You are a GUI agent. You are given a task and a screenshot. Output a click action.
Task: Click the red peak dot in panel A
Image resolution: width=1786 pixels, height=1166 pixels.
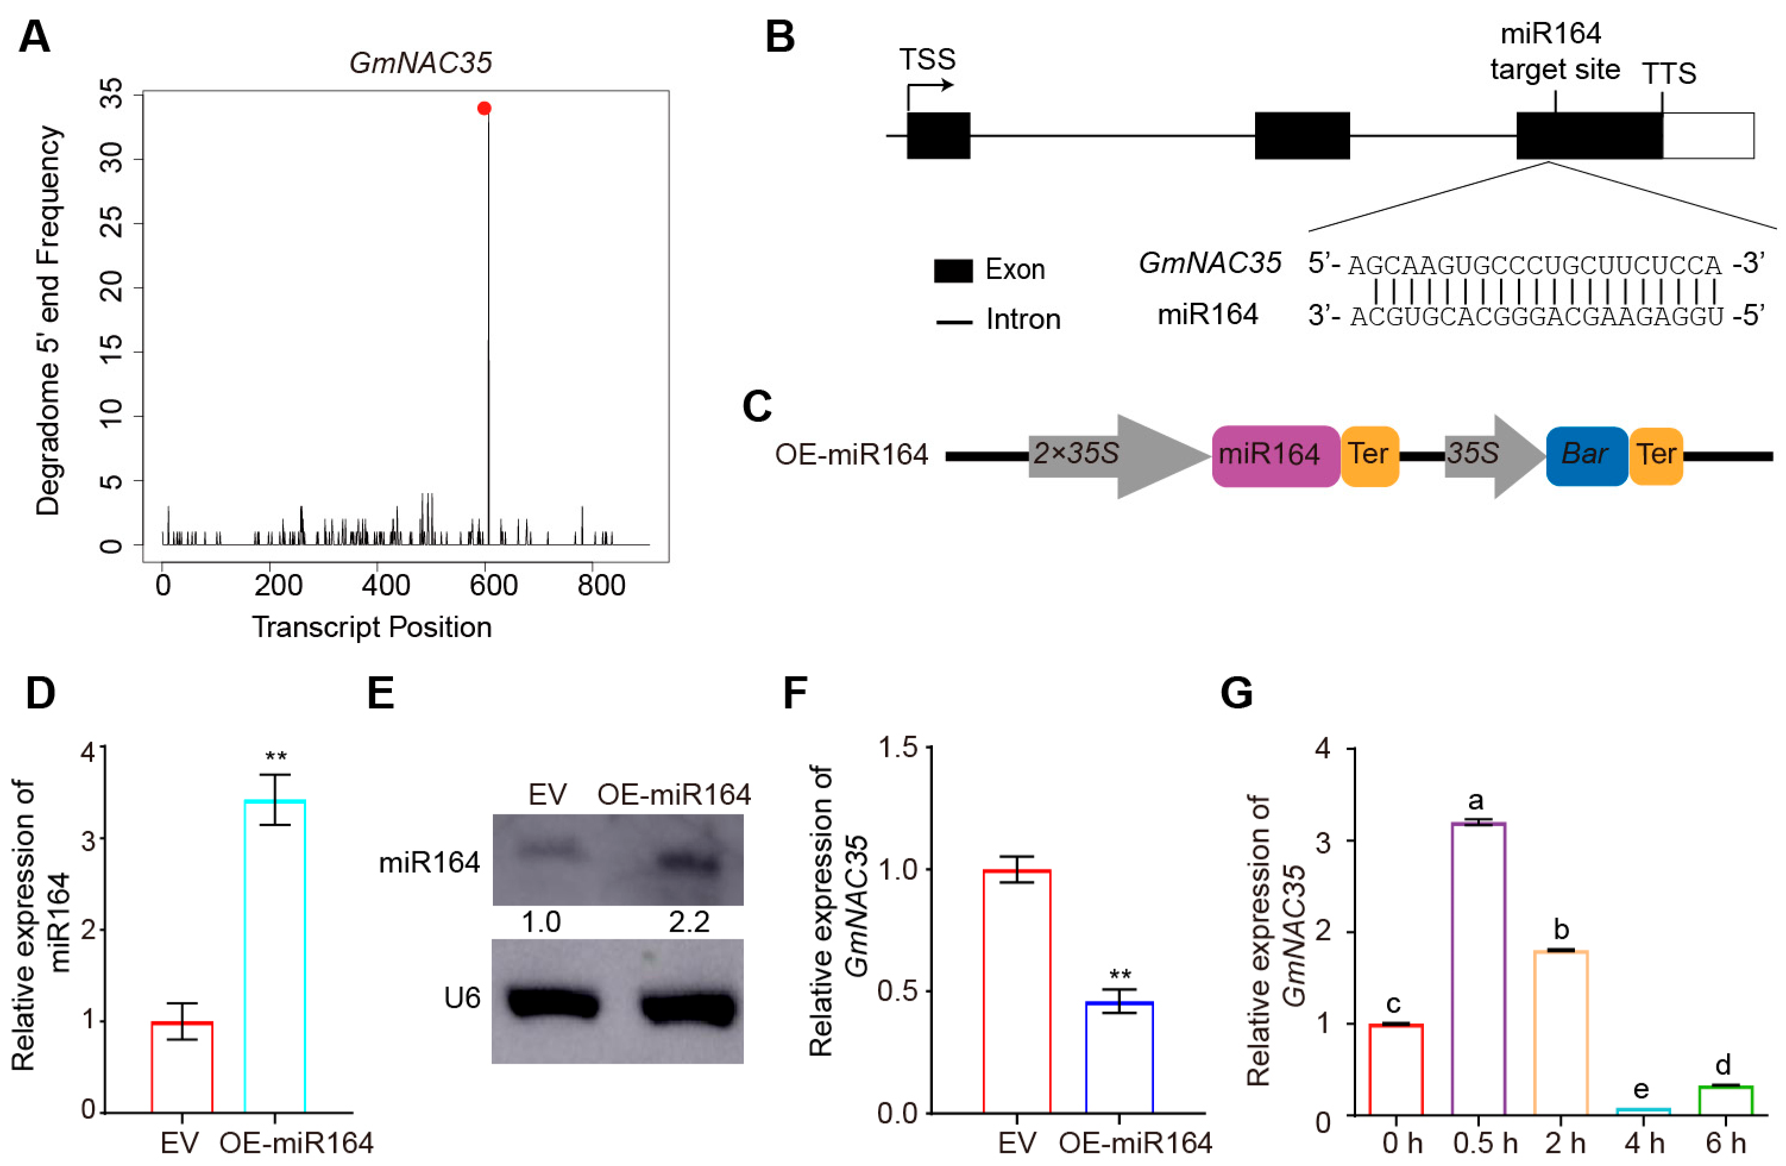484,108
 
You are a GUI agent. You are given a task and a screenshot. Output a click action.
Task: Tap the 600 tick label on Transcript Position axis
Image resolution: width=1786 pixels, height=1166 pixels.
494,585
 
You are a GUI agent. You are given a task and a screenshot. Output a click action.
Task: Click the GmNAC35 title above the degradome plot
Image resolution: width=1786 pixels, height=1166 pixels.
420,63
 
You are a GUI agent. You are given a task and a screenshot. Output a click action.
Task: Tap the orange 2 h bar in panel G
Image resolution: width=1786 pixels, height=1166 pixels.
1561,1032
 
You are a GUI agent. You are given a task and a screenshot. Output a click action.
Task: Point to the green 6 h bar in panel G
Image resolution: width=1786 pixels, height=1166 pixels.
1725,1100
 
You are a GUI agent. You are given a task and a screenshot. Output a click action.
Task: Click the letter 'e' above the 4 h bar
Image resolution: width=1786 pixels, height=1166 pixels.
1641,1089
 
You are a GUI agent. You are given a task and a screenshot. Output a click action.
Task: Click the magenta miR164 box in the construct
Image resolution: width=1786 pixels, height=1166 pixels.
1275,455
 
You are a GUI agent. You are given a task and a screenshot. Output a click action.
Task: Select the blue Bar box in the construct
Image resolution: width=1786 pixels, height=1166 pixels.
1586,455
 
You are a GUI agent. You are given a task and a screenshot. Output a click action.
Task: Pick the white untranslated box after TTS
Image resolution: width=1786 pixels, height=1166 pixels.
1708,136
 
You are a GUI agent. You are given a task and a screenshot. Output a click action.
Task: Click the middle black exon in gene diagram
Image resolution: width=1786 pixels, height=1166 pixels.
1302,136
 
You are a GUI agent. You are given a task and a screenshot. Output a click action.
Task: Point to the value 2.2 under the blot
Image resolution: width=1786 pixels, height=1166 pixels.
689,921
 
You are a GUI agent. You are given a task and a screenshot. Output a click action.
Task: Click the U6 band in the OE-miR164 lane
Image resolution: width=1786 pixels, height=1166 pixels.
687,1006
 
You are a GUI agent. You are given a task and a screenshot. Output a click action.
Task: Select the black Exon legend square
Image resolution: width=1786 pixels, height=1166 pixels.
953,270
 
